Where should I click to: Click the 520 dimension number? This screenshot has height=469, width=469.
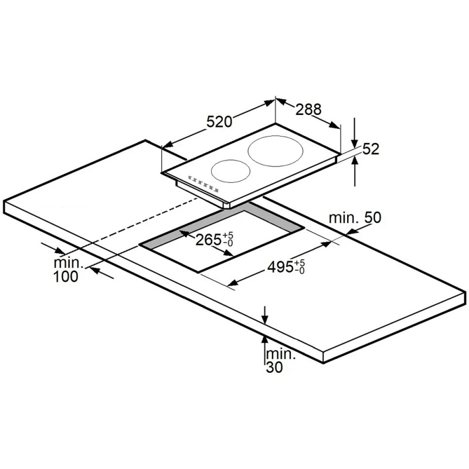tap(219, 122)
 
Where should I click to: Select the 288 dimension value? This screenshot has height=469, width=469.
tap(308, 109)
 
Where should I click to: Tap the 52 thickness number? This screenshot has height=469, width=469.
tap(371, 149)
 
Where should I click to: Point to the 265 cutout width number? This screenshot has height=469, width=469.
tap(208, 239)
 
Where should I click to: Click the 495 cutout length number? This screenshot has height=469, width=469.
tap(280, 267)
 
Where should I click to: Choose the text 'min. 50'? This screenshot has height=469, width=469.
tap(355, 217)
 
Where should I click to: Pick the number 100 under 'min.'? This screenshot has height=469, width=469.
tap(66, 276)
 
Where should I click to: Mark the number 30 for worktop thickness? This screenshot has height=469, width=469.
tap(274, 368)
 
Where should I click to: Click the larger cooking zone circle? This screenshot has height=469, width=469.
tap(276, 151)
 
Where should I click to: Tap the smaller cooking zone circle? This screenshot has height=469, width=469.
tap(230, 171)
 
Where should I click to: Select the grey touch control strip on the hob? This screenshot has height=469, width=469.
tap(203, 183)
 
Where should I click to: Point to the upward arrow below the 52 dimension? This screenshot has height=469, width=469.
tap(355, 171)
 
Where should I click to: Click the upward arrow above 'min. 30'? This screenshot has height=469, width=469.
tap(264, 350)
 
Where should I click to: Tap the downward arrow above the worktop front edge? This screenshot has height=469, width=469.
tap(264, 315)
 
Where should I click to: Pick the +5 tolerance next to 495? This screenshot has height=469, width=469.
tap(300, 263)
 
